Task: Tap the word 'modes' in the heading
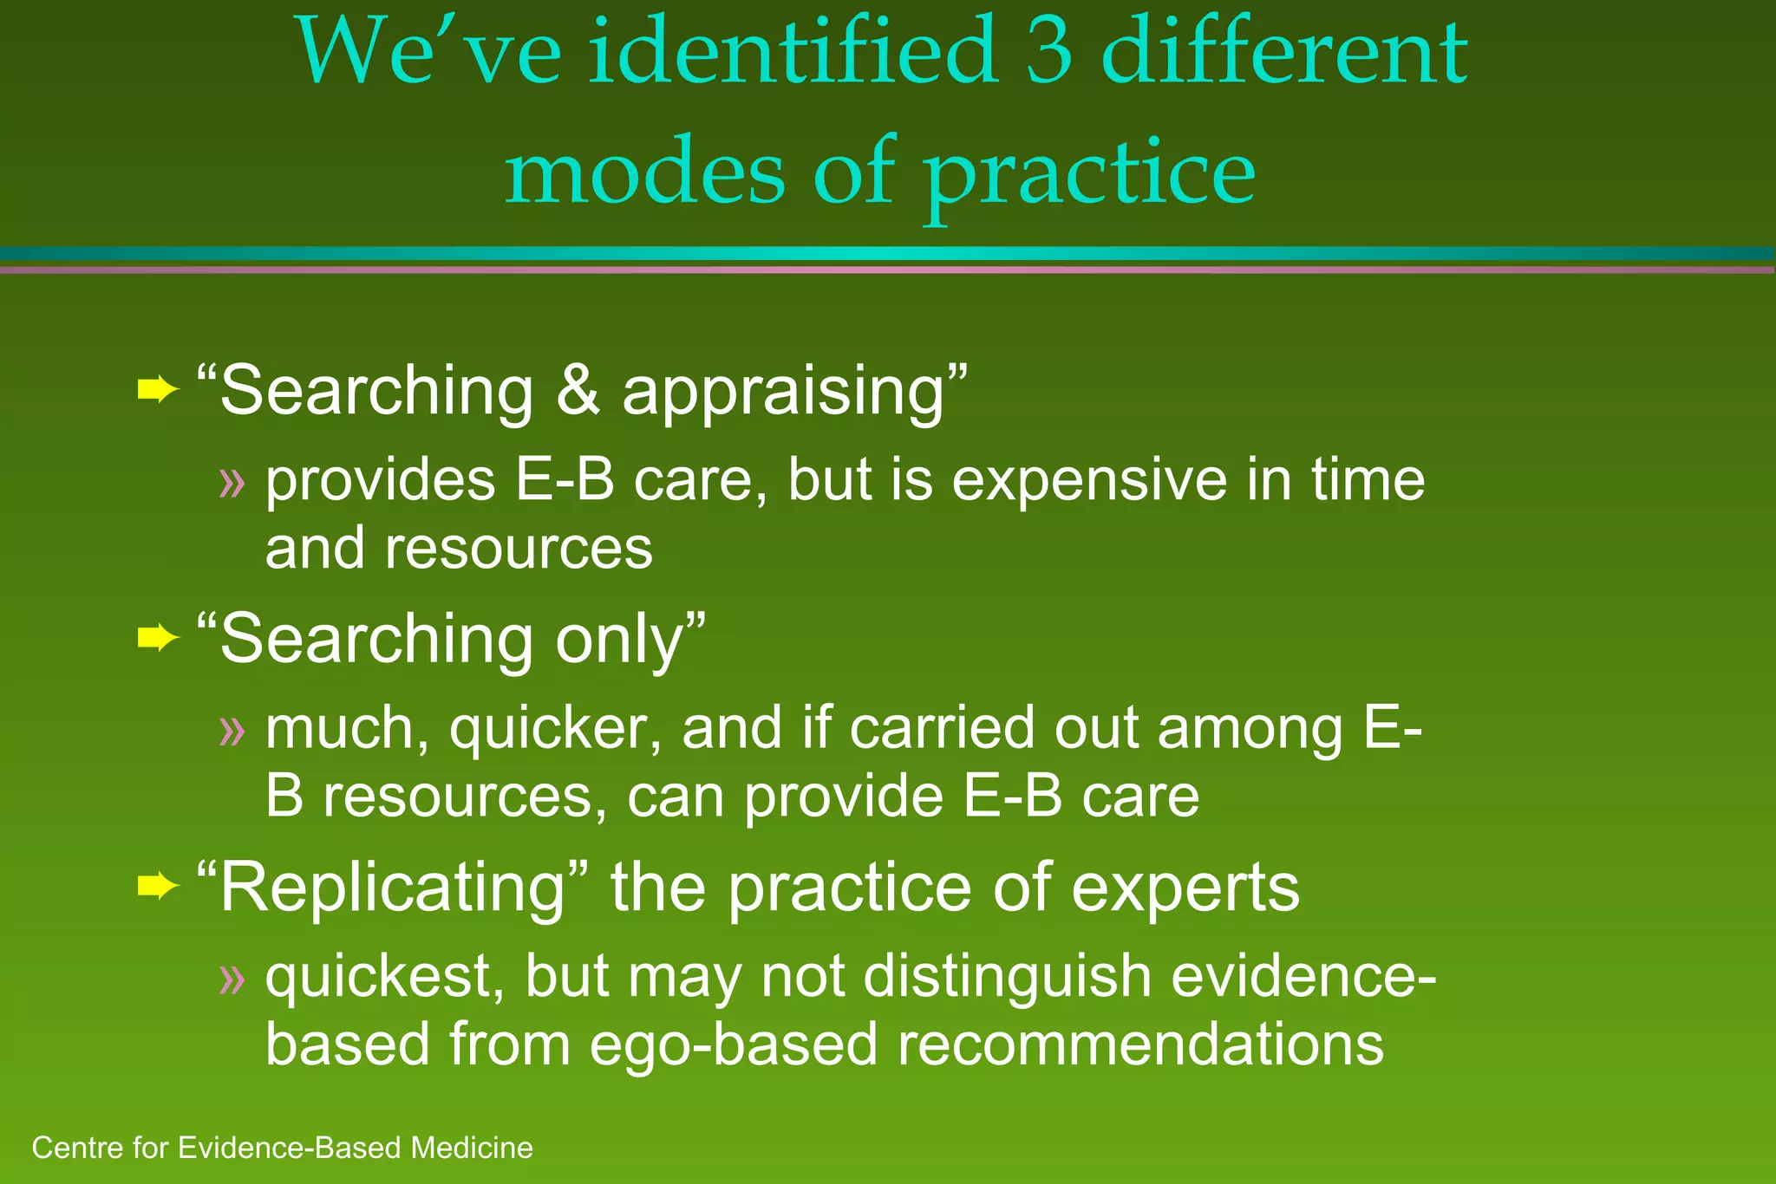[645, 173]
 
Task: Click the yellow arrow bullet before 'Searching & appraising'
[157, 391]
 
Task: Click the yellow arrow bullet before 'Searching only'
[157, 639]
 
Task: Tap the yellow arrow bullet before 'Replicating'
[157, 887]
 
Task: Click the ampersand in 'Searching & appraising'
[578, 391]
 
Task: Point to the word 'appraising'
[782, 394]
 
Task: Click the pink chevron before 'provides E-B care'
[232, 483]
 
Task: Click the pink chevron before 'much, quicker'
[232, 731]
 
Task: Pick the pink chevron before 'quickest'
[232, 979]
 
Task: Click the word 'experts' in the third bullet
[1185, 890]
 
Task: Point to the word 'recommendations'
[1139, 1044]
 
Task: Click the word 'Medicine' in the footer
[472, 1148]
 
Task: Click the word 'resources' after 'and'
[519, 550]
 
